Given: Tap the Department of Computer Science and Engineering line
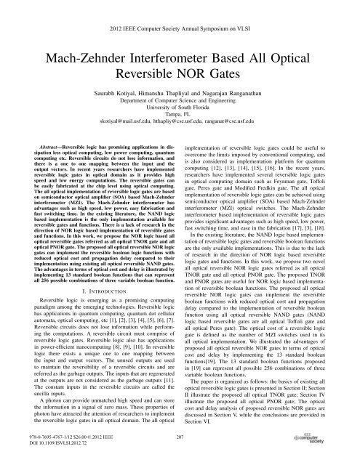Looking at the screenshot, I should (x=180, y=105).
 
